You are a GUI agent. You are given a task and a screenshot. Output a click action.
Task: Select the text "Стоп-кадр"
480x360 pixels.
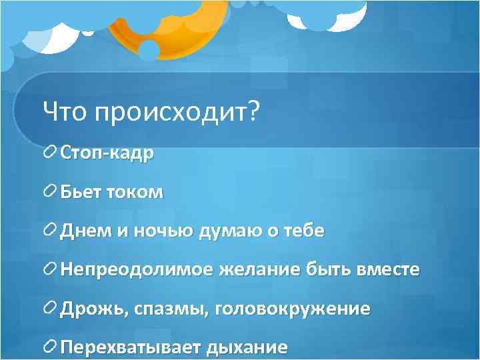tap(107, 153)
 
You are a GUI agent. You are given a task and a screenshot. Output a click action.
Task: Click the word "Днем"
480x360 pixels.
tap(84, 231)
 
